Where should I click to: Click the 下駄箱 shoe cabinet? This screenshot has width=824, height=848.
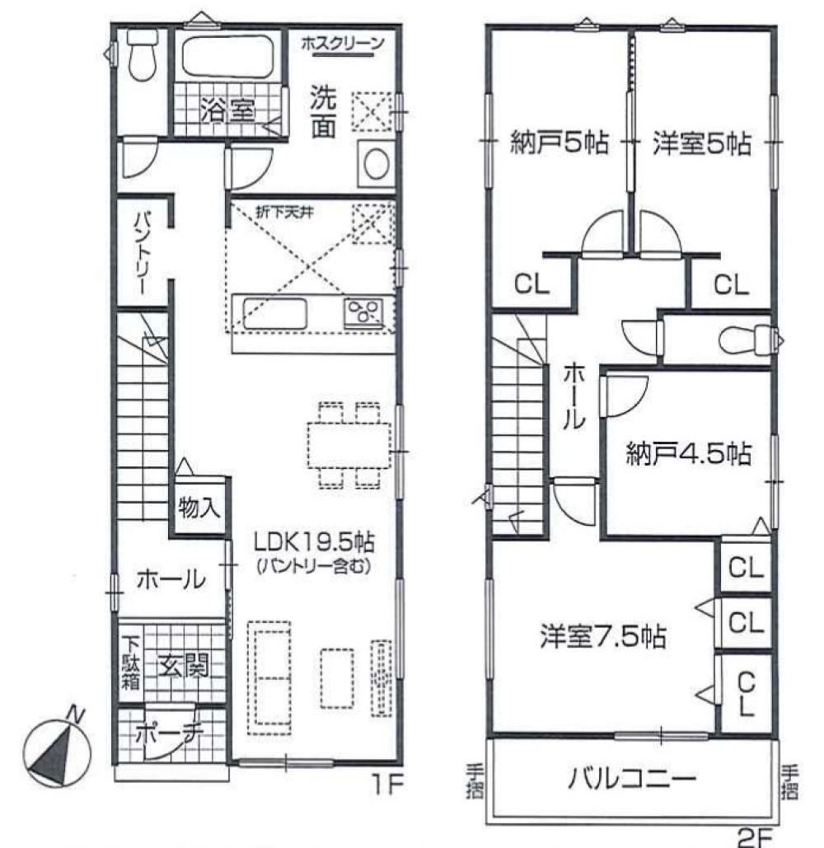(131, 663)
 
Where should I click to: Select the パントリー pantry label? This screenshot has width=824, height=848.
(141, 252)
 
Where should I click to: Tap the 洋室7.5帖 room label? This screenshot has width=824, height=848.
(603, 636)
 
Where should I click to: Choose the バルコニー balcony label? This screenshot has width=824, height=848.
(632, 777)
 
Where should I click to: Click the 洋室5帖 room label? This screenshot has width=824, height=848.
(702, 143)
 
